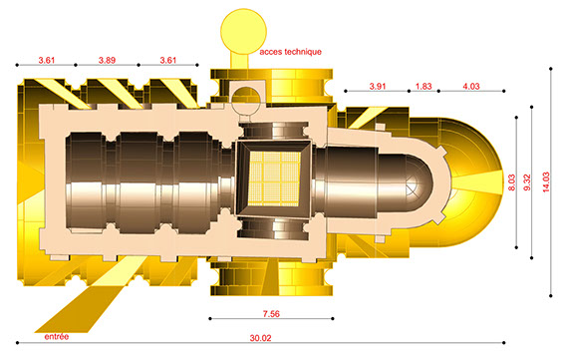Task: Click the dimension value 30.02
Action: [x=260, y=338]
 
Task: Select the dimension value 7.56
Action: [x=271, y=314]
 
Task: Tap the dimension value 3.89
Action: [x=107, y=60]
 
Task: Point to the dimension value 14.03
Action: [x=546, y=182]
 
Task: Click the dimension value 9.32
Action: [x=527, y=182]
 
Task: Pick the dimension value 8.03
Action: [x=511, y=182]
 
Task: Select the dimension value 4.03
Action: [x=471, y=87]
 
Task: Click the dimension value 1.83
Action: [x=423, y=87]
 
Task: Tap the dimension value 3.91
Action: [x=378, y=87]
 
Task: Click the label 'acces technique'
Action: [x=291, y=52]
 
